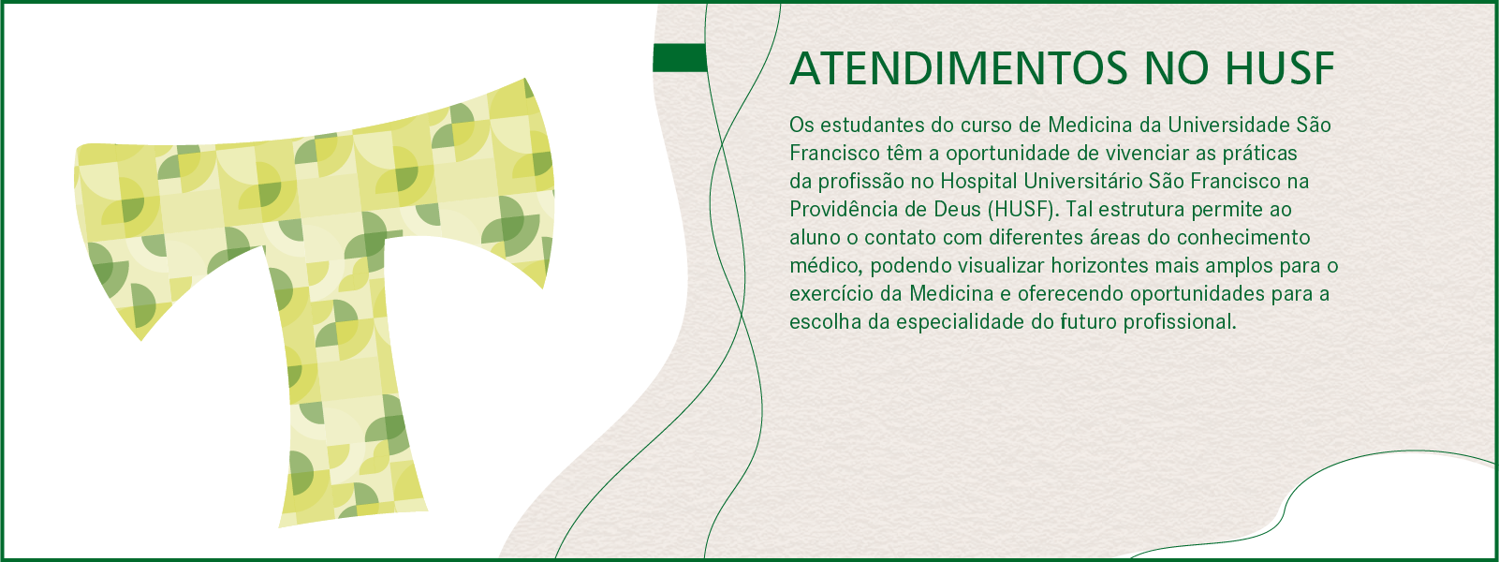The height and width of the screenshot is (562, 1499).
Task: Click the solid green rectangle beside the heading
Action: click(680, 58)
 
